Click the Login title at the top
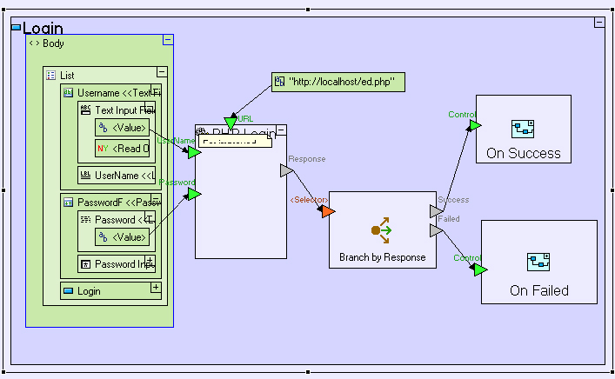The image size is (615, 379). (x=43, y=29)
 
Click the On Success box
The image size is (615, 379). (x=523, y=130)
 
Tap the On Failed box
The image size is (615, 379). (x=538, y=262)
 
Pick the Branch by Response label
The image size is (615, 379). (x=382, y=257)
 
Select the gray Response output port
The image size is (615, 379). (x=286, y=171)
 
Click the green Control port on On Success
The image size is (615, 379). (x=475, y=125)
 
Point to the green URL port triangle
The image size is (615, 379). (x=231, y=122)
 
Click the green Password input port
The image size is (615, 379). (x=194, y=194)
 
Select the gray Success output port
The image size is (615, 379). (x=436, y=211)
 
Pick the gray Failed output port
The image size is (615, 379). (x=436, y=230)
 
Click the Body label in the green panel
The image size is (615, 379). (x=53, y=43)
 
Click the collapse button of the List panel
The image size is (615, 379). (x=162, y=73)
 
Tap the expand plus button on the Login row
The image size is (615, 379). (x=156, y=287)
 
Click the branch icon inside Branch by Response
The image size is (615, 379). (x=382, y=230)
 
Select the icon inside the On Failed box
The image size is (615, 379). (x=538, y=262)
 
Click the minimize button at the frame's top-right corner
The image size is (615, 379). (x=599, y=22)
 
